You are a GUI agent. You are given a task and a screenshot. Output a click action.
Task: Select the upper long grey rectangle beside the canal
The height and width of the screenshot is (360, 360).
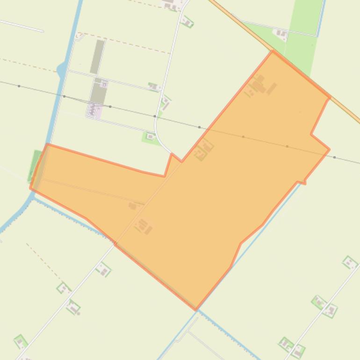[x=97, y=57]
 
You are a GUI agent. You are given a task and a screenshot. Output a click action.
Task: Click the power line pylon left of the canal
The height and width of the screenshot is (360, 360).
[x=19, y=86]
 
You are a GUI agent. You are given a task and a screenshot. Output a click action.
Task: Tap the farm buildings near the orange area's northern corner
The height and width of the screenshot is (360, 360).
[x=259, y=86]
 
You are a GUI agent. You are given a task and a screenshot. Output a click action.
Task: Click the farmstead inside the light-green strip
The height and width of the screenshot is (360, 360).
[x=281, y=33]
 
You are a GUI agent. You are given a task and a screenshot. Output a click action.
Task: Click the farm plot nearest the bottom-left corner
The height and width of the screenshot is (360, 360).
[x=20, y=342]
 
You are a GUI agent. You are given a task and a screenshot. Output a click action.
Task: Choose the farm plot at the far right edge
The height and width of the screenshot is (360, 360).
[x=349, y=263]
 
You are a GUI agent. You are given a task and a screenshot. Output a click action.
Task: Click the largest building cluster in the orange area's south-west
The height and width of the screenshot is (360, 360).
[x=144, y=227]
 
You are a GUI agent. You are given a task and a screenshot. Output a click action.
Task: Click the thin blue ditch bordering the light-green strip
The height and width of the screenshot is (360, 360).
[x=321, y=19]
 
